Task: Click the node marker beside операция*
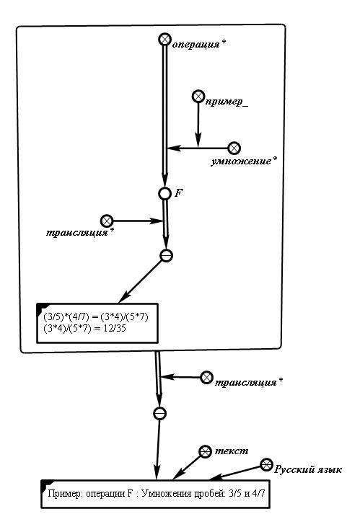point(164,40)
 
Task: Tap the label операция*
point(199,44)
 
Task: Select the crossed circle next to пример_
point(198,97)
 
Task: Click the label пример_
point(227,102)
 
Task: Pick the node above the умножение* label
point(234,149)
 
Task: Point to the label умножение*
point(244,161)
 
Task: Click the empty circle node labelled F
point(164,193)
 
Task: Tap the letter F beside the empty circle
point(178,192)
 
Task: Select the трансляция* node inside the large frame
point(107,221)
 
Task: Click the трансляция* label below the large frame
point(249,382)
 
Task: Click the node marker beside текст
point(205,452)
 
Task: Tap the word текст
point(232,451)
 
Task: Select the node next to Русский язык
point(266,464)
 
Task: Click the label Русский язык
point(308,469)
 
